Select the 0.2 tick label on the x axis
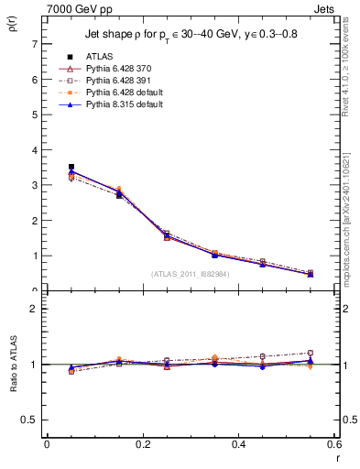click(x=142, y=444)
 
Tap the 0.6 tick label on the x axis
click(x=334, y=444)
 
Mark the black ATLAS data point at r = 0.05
click(x=71, y=167)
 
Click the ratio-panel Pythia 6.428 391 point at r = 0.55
click(x=311, y=353)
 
